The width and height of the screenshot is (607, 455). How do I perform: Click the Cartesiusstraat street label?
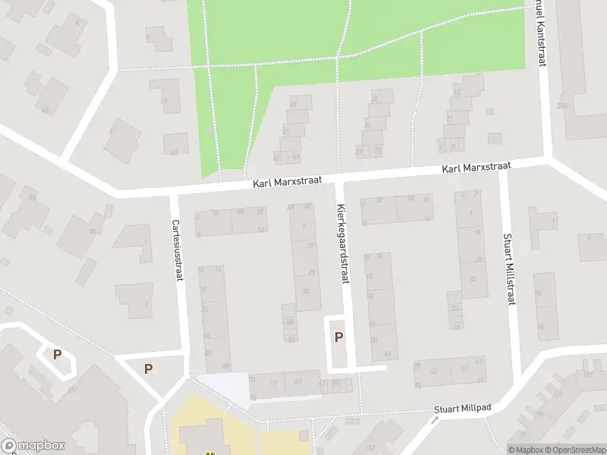[x=176, y=251]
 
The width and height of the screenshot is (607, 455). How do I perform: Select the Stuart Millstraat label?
[x=508, y=269]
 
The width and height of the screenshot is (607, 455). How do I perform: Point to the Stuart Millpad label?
[x=463, y=409]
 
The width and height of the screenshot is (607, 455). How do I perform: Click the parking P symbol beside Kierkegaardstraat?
[x=338, y=337]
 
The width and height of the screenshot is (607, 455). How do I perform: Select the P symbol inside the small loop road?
[x=57, y=354]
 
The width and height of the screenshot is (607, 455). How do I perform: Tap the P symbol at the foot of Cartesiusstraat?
[x=149, y=369]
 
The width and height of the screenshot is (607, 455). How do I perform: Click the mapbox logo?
[x=33, y=446]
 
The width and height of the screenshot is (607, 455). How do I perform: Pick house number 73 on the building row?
[x=274, y=384]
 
